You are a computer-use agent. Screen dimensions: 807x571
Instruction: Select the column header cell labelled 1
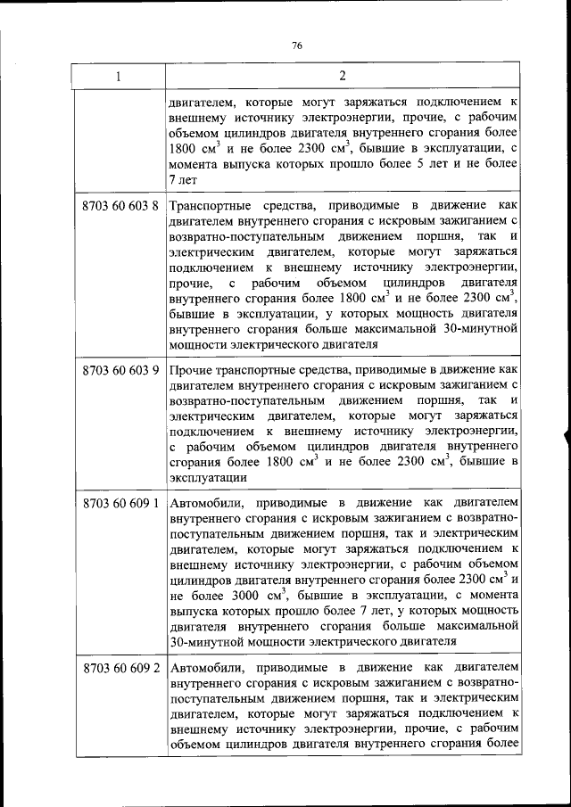119,77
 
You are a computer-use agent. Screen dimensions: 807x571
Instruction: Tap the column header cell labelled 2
343,76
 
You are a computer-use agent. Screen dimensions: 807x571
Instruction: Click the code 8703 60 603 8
120,207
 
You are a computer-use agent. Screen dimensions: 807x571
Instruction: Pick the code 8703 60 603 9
120,368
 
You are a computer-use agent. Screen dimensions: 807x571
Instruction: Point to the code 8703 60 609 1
120,502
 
